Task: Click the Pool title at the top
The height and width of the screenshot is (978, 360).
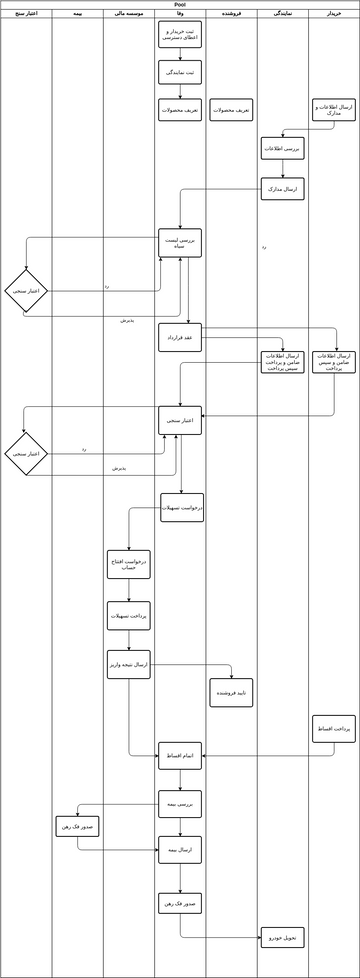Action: tap(180, 4)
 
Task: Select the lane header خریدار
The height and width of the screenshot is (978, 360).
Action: tap(333, 14)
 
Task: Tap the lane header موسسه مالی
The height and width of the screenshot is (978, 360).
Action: tap(129, 14)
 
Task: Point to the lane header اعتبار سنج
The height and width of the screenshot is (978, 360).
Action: tap(26, 14)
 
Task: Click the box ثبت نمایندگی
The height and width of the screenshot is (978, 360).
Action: tap(180, 72)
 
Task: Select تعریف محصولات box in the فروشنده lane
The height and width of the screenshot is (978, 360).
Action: tap(231, 109)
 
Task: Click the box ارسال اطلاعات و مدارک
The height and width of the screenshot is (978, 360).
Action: tap(333, 109)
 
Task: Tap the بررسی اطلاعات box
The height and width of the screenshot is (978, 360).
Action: tap(283, 148)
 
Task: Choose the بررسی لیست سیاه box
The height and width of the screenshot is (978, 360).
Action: tap(180, 242)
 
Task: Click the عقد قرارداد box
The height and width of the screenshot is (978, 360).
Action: tap(180, 337)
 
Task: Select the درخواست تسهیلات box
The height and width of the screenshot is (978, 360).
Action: tap(182, 507)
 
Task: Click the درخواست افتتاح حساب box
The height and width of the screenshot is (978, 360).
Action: tap(129, 564)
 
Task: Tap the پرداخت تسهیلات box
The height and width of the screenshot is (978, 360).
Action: tap(129, 615)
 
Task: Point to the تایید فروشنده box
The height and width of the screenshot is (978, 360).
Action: tap(231, 692)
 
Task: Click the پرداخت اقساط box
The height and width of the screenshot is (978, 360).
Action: tap(333, 728)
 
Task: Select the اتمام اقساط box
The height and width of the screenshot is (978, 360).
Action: tap(180, 755)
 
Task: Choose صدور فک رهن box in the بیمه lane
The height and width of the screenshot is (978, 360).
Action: tap(77, 826)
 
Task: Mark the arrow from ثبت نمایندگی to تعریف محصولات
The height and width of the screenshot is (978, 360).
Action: tap(180, 91)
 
